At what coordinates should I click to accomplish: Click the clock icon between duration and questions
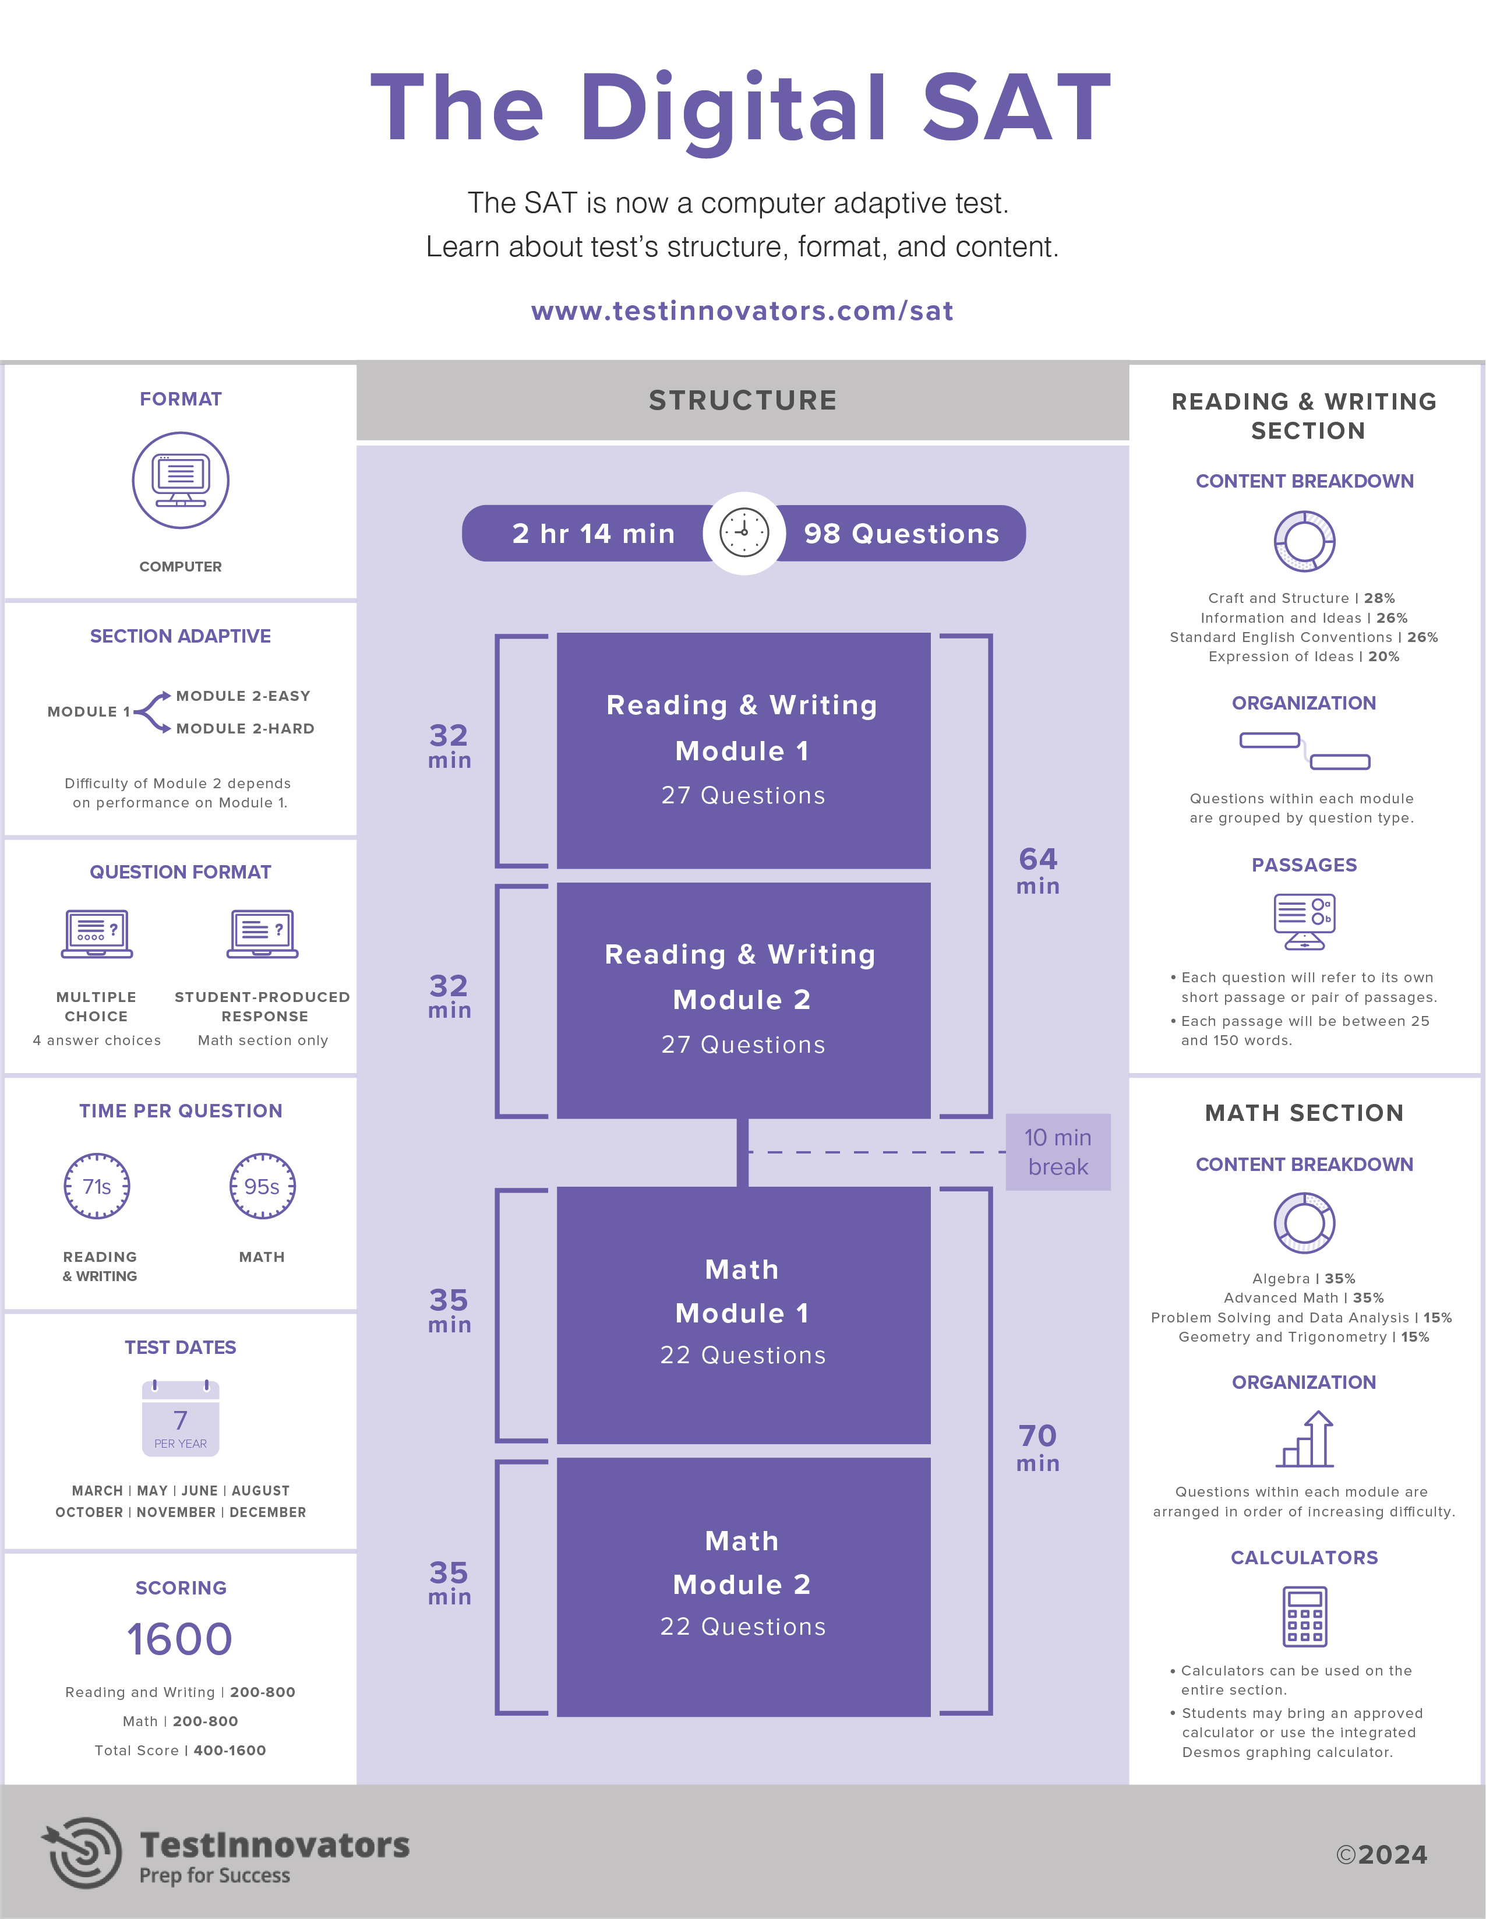tap(743, 532)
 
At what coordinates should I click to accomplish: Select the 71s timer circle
tap(97, 1186)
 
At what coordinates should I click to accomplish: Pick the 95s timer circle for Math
tap(262, 1186)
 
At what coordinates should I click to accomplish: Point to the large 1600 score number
tap(179, 1639)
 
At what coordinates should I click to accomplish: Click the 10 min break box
tap(1057, 1152)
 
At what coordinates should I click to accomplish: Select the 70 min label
tap(1038, 1447)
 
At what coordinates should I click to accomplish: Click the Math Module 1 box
tap(743, 1314)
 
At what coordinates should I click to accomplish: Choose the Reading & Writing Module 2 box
tap(743, 1000)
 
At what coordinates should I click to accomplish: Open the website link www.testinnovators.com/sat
tap(743, 311)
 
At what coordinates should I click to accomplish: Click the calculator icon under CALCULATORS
tap(1304, 1617)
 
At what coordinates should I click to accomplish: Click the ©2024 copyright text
tap(1381, 1854)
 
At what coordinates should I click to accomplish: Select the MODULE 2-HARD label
tap(245, 728)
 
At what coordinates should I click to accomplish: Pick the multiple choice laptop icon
tap(97, 933)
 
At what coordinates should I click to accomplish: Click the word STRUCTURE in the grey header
tap(743, 401)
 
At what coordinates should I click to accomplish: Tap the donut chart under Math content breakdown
tap(1304, 1223)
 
